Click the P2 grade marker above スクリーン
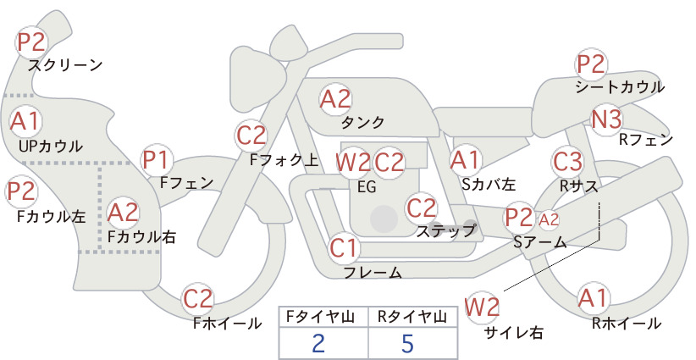31,42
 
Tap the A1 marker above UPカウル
25,121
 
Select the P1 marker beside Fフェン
157,160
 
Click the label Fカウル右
141,236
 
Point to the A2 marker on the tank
335,99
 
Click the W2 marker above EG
353,163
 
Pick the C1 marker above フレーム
344,247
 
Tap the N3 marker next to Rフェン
606,119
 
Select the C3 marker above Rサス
567,161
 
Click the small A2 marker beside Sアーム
549,219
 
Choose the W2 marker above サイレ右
482,307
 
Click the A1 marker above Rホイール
592,298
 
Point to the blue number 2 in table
318,343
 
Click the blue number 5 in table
407,343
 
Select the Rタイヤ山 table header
412,317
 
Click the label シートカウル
620,87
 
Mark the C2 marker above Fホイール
198,298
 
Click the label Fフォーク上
284,160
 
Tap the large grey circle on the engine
384,219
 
